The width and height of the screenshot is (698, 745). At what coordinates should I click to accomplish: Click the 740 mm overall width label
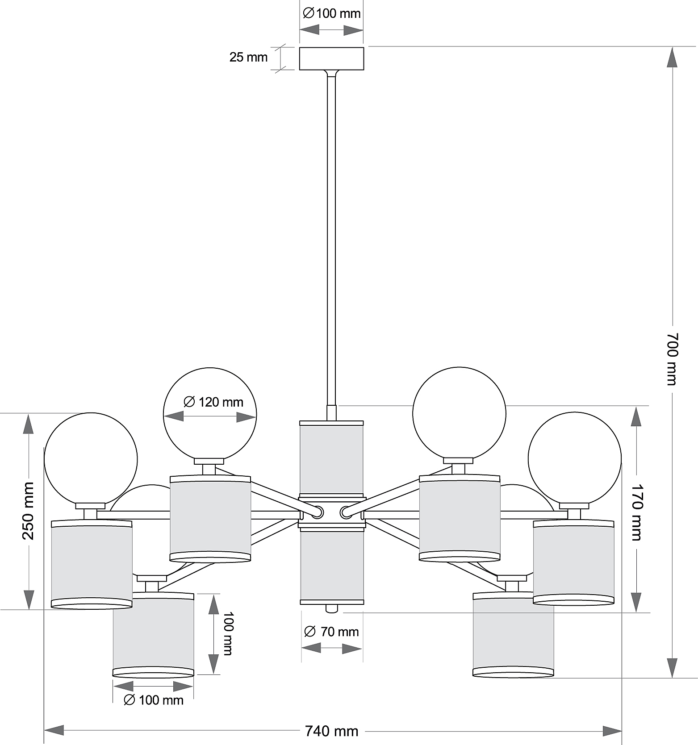[x=332, y=731]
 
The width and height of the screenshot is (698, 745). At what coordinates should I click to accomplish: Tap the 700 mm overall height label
[x=672, y=358]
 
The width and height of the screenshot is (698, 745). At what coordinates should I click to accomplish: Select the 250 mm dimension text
[x=28, y=511]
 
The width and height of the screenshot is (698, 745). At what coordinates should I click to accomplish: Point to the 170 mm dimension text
[x=636, y=512]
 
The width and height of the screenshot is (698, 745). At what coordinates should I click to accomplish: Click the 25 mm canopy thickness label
[x=248, y=57]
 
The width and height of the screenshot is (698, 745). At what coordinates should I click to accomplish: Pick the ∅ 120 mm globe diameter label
[x=213, y=402]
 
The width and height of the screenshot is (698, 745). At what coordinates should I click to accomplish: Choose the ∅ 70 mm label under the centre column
[x=331, y=632]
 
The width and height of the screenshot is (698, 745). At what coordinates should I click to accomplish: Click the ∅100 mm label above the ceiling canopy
[x=332, y=13]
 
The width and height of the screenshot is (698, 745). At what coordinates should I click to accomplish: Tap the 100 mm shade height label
[x=227, y=633]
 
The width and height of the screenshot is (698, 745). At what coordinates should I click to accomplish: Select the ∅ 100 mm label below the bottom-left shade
[x=153, y=700]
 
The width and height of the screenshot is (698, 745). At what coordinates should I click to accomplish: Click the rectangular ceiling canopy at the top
[x=331, y=58]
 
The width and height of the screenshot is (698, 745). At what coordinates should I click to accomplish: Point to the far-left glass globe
[x=91, y=459]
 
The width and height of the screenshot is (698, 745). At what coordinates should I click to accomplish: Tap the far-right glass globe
[x=574, y=458]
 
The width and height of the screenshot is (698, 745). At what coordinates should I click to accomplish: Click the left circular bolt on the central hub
[x=317, y=512]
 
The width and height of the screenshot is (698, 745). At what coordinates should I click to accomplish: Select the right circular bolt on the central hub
[x=346, y=512]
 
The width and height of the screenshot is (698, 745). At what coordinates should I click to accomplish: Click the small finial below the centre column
[x=331, y=608]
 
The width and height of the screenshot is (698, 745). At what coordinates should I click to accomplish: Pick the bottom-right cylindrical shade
[x=513, y=635]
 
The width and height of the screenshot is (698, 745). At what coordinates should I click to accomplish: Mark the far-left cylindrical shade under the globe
[x=92, y=564]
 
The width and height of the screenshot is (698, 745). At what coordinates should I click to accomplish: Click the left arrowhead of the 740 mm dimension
[x=54, y=731]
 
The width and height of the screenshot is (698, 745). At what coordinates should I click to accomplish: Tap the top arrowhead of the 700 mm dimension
[x=672, y=57]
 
